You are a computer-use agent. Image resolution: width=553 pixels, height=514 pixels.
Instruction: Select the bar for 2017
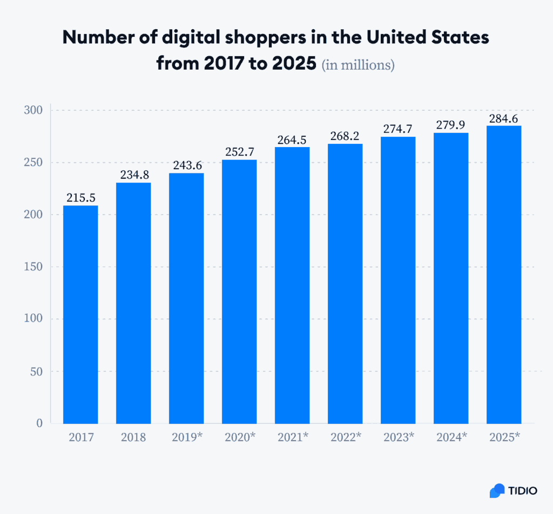pos(80,314)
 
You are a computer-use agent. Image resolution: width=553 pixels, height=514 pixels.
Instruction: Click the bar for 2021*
pos(292,285)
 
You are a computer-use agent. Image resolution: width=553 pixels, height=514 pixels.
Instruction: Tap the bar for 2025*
pos(504,274)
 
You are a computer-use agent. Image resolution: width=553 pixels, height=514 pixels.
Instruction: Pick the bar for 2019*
pos(186,298)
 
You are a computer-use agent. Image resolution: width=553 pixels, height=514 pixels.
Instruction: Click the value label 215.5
pos(80,198)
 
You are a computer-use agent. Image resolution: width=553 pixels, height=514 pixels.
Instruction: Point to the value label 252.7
pos(239,152)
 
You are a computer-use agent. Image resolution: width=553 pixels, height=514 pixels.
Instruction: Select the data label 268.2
pos(345,136)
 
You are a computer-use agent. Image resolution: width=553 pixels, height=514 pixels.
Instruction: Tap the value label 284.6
pos(504,118)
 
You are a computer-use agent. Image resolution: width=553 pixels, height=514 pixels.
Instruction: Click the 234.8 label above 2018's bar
pos(133,175)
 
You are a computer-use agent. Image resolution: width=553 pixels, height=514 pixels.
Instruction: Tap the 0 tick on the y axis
pos(39,423)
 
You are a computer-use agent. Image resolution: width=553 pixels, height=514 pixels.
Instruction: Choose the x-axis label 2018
pos(133,437)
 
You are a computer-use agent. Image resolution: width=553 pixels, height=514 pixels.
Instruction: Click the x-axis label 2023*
pos(398,437)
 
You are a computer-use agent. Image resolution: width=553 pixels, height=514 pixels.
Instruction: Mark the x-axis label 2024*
pos(451,437)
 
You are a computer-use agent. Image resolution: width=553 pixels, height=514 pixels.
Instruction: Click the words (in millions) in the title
pos(358,65)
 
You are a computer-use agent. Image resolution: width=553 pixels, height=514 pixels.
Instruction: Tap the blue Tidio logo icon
pos(496,491)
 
